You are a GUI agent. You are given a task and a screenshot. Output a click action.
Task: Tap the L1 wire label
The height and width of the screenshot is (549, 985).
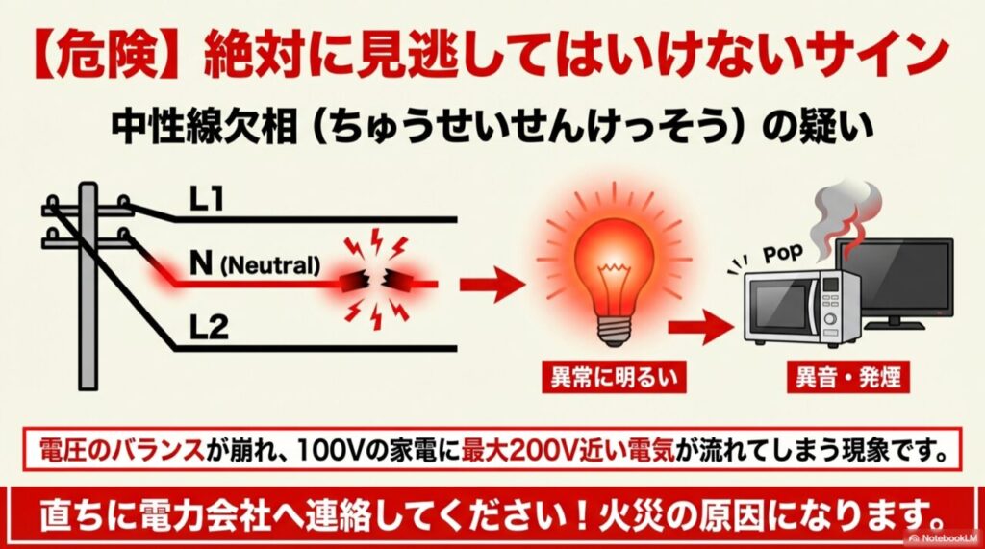click(x=205, y=199)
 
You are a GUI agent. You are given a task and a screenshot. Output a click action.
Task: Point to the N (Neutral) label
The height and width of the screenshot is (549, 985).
click(x=254, y=263)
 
